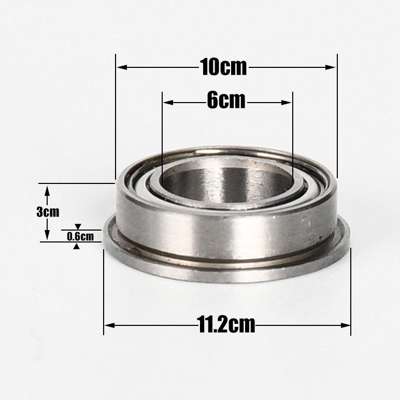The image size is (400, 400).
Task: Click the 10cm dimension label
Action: click(223, 67)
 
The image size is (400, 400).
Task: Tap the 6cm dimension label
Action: click(226, 100)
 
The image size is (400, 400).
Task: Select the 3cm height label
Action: click(48, 212)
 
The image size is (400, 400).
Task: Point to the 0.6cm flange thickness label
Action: click(80, 236)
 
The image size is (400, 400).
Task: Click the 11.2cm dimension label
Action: click(226, 324)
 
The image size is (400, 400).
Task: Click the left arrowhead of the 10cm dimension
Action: click(122, 67)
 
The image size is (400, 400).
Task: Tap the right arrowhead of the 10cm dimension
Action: click(330, 67)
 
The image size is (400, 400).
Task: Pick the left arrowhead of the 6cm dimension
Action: click(168, 103)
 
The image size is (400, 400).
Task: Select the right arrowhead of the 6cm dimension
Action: click(286, 103)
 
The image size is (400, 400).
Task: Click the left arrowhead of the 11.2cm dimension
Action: click(110, 325)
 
